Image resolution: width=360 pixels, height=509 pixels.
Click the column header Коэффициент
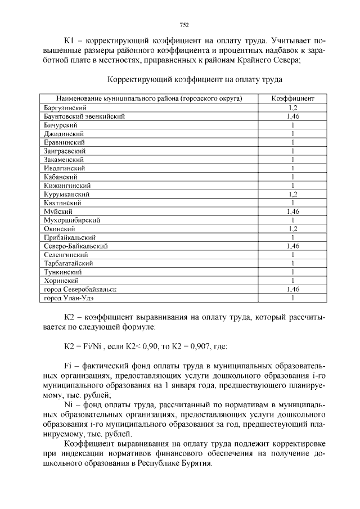pos(292,98)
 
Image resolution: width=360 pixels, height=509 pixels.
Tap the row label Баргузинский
pos(65,107)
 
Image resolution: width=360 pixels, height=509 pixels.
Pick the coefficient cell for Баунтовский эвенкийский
pos(292,116)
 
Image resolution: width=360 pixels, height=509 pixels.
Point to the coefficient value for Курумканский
pos(292,194)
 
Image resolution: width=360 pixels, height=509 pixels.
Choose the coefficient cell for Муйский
pos(292,211)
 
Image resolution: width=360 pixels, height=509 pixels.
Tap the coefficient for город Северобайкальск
pos(292,289)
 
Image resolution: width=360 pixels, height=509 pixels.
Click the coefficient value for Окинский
pos(292,228)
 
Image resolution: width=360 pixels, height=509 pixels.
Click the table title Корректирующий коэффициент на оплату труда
pos(195,79)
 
